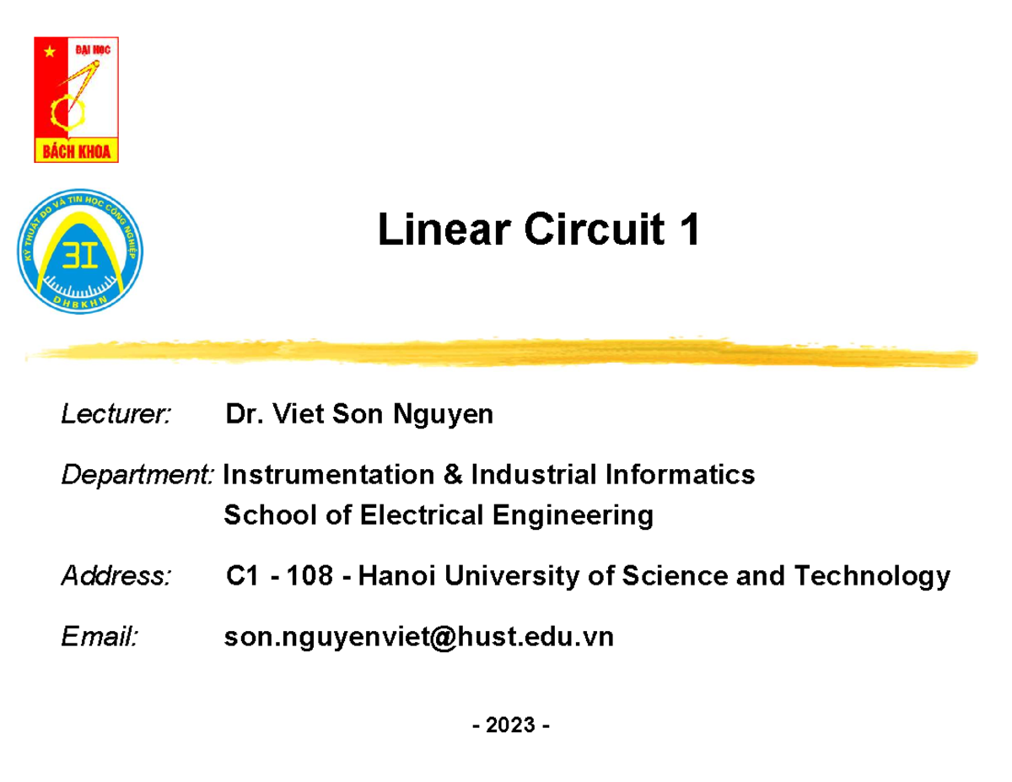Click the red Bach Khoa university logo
tap(76, 100)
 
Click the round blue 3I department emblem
tap(81, 251)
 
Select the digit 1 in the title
tap(689, 230)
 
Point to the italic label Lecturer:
tap(116, 415)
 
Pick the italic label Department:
tap(138, 475)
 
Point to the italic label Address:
tap(116, 577)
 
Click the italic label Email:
tap(100, 638)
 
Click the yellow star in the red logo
tap(50, 51)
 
